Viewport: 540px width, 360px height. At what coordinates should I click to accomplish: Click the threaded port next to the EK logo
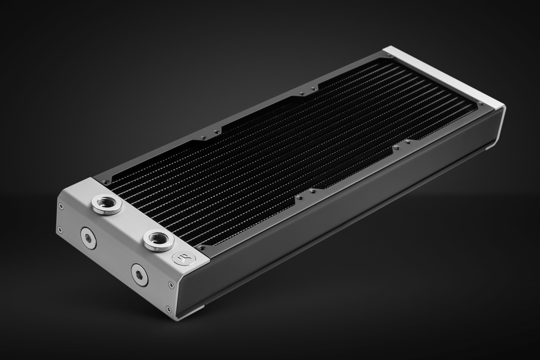click(x=158, y=239)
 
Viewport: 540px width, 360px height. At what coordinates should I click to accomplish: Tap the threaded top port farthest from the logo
click(x=107, y=204)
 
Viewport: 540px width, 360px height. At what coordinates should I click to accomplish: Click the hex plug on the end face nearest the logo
click(x=139, y=274)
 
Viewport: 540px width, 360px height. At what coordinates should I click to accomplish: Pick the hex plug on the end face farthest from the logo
click(x=88, y=238)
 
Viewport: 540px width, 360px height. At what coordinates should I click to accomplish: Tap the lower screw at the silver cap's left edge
click(x=59, y=230)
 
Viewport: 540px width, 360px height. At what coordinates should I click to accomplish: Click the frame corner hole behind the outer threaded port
click(x=106, y=182)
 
